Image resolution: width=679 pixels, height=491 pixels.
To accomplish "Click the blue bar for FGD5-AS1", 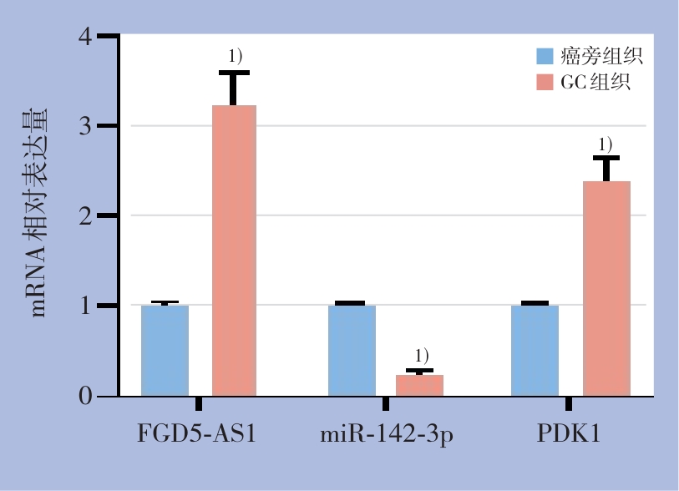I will (165, 350).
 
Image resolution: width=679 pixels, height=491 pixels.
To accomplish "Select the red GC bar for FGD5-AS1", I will (234, 251).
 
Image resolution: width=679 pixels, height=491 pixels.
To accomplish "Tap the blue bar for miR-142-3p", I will (352, 350).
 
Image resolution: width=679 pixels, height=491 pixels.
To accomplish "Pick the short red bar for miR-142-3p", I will (419, 385).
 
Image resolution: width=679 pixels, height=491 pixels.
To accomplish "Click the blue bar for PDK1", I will (535, 350).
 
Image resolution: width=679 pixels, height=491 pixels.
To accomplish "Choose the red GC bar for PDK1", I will (606, 288).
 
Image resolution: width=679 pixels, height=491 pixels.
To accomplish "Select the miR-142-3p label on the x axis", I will (387, 436).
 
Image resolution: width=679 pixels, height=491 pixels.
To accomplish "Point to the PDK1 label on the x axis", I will (569, 435).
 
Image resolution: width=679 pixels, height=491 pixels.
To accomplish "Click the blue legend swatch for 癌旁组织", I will (545, 57).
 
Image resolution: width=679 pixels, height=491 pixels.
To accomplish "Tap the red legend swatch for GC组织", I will (545, 82).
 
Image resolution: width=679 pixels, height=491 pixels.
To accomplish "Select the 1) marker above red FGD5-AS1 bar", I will (235, 56).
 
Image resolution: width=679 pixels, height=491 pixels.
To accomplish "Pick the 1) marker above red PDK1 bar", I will (606, 143).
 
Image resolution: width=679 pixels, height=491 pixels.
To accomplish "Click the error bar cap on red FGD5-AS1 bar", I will (235, 73).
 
